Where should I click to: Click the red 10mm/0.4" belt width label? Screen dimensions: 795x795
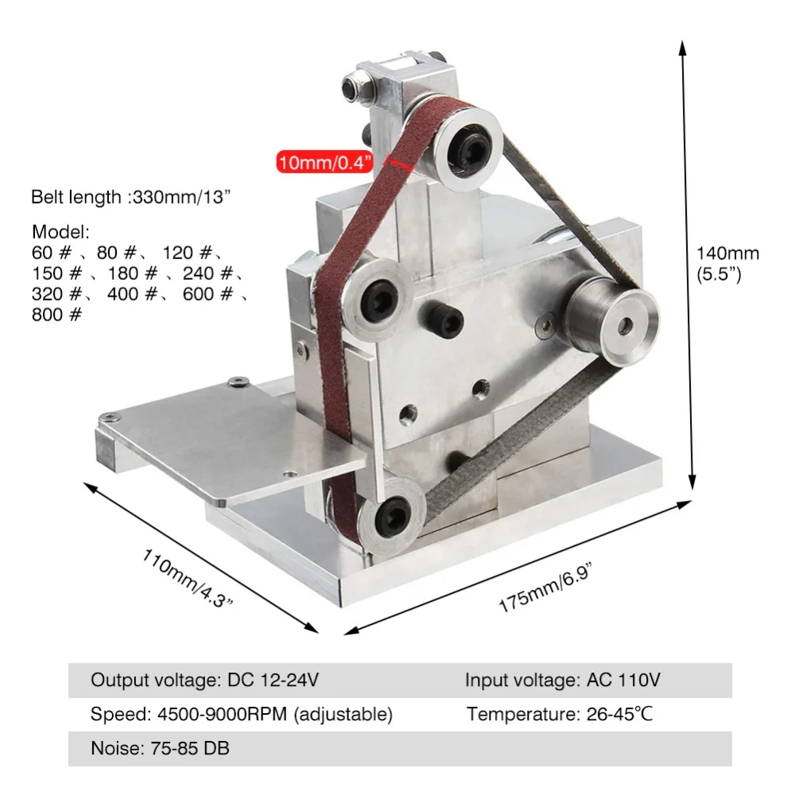325,163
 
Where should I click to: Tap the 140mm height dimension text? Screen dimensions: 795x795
727,254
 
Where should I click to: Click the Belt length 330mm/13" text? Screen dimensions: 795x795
131,197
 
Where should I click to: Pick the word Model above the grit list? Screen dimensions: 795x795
61,232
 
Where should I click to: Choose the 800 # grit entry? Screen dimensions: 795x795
56,314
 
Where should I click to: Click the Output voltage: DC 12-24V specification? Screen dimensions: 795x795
205,681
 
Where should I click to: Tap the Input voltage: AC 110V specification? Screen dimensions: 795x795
563,681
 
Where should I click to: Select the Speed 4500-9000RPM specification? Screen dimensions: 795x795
241,714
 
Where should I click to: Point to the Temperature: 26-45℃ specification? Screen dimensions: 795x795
560,714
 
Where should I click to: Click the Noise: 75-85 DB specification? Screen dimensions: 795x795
161,748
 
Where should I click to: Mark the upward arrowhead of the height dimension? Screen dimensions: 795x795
682,48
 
